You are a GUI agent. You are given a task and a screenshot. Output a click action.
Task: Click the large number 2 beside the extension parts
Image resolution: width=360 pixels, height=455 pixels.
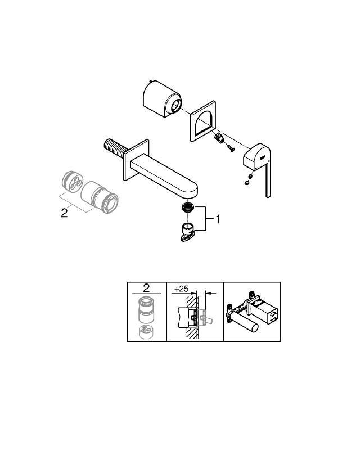(65, 214)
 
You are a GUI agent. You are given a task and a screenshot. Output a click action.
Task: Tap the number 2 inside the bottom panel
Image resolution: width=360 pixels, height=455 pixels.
(146, 288)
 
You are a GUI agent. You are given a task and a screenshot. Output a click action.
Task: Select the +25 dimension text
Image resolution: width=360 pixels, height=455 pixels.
(181, 289)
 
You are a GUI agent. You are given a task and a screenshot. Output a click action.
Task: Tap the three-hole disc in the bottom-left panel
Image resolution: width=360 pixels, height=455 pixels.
(146, 332)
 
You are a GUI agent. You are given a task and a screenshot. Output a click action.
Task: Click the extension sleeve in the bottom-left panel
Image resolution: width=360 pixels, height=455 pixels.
(146, 311)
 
